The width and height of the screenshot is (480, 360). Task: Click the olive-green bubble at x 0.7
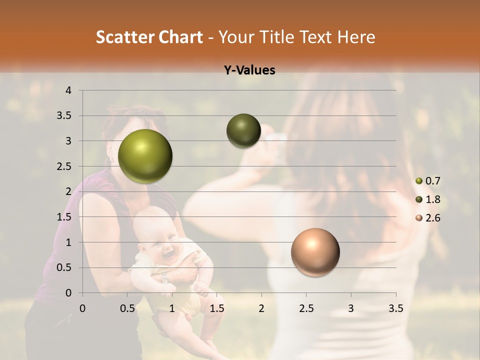tap(145, 156)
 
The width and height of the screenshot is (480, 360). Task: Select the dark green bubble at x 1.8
tap(243, 130)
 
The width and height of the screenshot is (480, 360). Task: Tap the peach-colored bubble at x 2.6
tap(315, 252)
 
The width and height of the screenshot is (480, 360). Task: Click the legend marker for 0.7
tap(419, 181)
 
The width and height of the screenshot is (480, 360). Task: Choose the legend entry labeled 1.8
tap(432, 199)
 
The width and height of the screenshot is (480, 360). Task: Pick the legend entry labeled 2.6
tap(432, 218)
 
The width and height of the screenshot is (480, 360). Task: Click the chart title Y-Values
tap(249, 70)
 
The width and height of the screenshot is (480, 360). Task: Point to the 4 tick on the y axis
tap(69, 90)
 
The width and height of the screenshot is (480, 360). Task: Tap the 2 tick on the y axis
tap(69, 191)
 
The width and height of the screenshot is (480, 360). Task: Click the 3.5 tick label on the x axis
tap(395, 308)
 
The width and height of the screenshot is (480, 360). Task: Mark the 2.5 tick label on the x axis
tap(306, 308)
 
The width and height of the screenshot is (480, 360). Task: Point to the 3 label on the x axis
tap(351, 308)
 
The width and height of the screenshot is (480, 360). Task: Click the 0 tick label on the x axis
tap(82, 308)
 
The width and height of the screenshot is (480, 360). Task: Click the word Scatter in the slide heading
tap(121, 37)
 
